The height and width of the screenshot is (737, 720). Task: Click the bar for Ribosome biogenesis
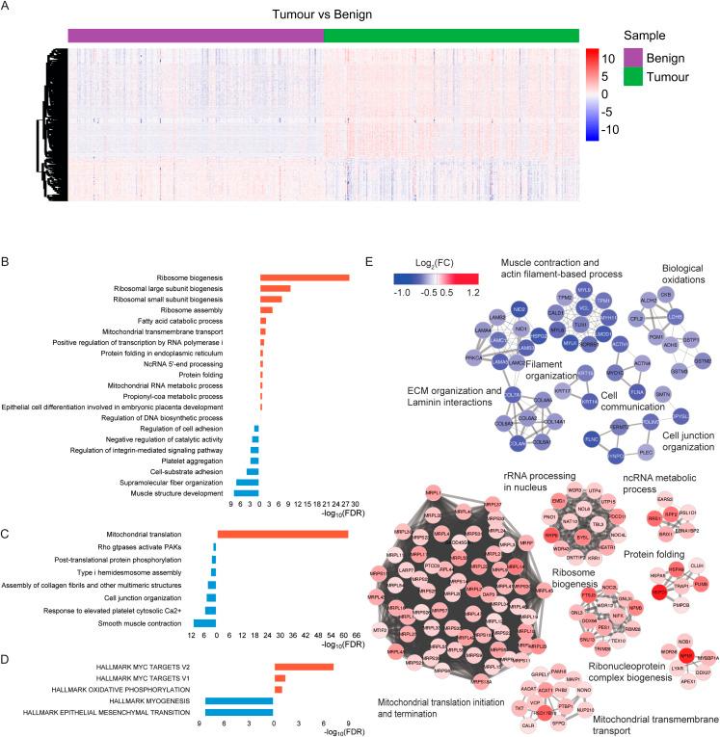pos(305,277)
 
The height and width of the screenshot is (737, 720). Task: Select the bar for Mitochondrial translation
pos(282,533)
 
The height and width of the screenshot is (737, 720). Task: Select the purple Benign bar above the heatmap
pos(196,36)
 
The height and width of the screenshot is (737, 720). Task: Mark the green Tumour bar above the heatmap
pos(452,36)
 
